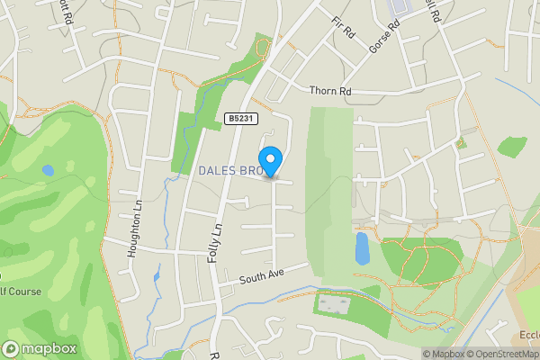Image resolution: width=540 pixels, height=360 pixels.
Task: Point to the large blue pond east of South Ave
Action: [362, 247]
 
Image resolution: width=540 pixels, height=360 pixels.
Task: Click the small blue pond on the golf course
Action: [48, 169]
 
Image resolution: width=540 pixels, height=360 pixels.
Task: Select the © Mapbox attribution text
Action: [443, 354]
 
